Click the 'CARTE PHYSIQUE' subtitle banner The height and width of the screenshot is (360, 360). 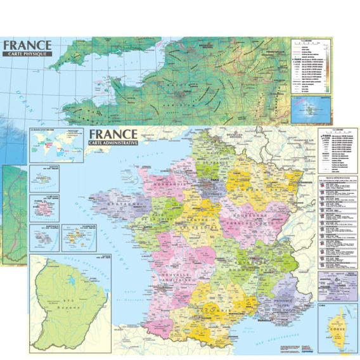coord(26,56)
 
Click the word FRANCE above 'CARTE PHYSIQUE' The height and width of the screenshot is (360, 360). coord(27,45)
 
